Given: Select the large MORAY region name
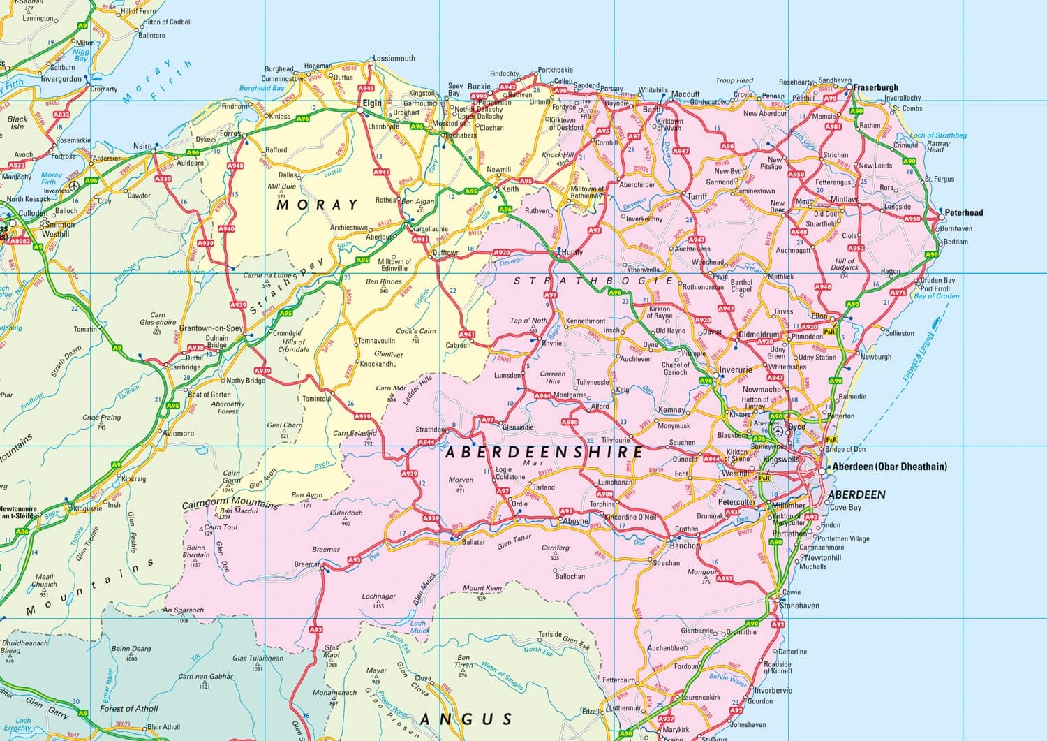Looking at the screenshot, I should (x=318, y=205).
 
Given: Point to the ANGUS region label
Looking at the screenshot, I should (x=466, y=719).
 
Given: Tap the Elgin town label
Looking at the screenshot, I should (x=371, y=103).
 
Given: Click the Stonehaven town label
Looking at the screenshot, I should (x=799, y=606).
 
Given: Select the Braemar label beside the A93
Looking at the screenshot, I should (x=307, y=564).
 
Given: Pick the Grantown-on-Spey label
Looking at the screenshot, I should (x=211, y=328).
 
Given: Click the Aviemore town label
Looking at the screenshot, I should (x=178, y=433).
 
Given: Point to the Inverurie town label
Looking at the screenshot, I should (x=736, y=369).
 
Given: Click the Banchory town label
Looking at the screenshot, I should (x=685, y=545).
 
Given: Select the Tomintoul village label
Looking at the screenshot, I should (x=316, y=399).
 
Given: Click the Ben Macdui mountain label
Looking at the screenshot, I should (x=239, y=511).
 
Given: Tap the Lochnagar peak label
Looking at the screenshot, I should (x=378, y=597).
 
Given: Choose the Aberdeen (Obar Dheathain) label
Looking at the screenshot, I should (x=889, y=467).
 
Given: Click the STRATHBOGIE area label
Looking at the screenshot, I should (x=593, y=281).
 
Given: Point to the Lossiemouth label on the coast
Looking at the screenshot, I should (x=394, y=59).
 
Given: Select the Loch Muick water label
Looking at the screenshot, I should (x=419, y=627).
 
